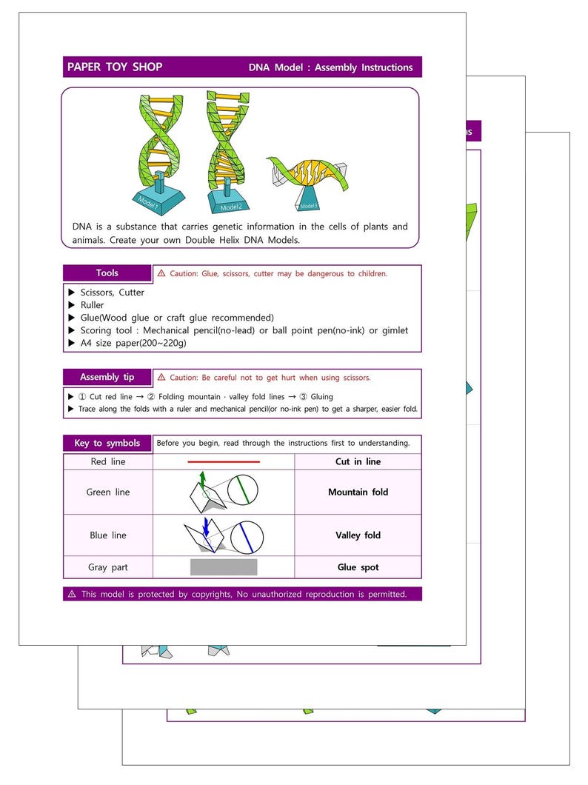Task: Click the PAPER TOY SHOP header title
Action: [x=115, y=67]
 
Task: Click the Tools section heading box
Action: [x=107, y=273]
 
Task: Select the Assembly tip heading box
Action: [x=107, y=377]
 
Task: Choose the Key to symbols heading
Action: [x=107, y=443]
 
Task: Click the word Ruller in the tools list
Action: [x=93, y=305]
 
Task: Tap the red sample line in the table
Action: [x=224, y=462]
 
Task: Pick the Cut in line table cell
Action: [x=358, y=461]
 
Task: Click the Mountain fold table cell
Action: [x=358, y=492]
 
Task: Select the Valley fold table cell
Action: [x=358, y=535]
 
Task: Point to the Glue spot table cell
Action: [x=358, y=567]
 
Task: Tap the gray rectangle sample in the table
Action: [x=224, y=567]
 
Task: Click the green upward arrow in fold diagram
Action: [x=202, y=478]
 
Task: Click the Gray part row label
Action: [x=108, y=567]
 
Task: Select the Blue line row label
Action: [x=108, y=535]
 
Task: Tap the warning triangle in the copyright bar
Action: [x=72, y=594]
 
